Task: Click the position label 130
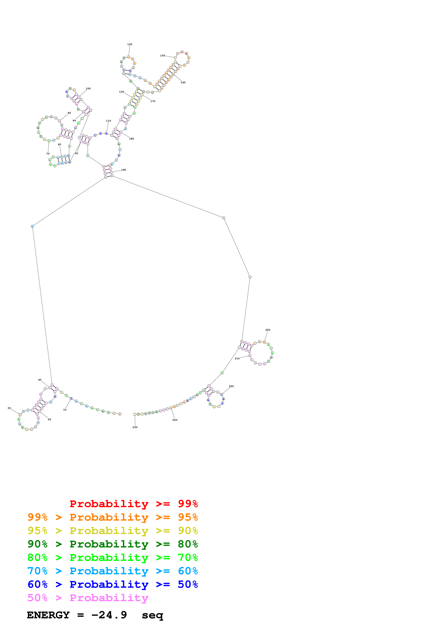click(130, 44)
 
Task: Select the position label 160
click(183, 82)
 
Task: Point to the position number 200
click(268, 330)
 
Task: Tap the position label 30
click(9, 408)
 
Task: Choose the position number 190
click(124, 170)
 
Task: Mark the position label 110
click(109, 121)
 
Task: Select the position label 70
click(48, 154)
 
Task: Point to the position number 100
click(88, 89)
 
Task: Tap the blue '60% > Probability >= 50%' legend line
click(113, 584)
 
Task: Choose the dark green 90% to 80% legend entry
click(113, 544)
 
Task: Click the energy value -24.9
click(109, 615)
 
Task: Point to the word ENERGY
click(48, 615)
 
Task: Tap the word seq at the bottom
click(152, 615)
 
